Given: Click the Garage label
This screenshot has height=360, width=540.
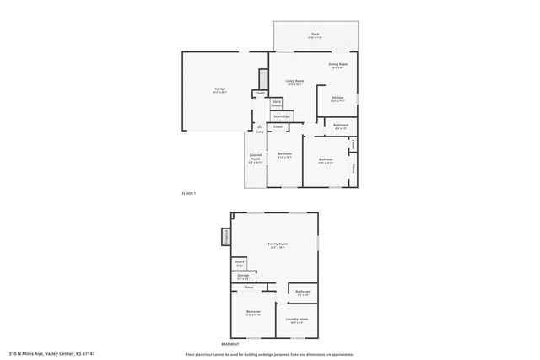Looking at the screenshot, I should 219,89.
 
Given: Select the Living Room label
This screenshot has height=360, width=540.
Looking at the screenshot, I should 294,82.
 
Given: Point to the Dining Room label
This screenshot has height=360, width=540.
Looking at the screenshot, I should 337,65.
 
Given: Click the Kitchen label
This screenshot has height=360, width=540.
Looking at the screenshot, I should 337,99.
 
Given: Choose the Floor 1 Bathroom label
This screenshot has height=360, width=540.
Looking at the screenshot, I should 341,126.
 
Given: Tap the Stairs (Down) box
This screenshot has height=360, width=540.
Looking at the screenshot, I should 276,103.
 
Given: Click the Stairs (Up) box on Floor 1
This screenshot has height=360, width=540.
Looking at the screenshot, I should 281,116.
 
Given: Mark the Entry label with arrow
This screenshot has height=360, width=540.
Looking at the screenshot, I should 259,130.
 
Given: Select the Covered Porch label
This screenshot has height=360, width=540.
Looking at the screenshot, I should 255,158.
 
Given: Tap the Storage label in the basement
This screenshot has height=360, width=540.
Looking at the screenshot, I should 242,276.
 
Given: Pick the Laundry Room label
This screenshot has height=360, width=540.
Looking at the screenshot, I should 296,320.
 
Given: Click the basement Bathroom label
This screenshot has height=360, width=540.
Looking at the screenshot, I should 302,293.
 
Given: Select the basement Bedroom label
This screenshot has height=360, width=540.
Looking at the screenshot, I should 253,313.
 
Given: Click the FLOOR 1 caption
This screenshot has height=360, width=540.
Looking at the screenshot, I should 188,194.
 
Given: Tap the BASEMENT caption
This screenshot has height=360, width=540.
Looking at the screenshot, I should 229,345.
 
